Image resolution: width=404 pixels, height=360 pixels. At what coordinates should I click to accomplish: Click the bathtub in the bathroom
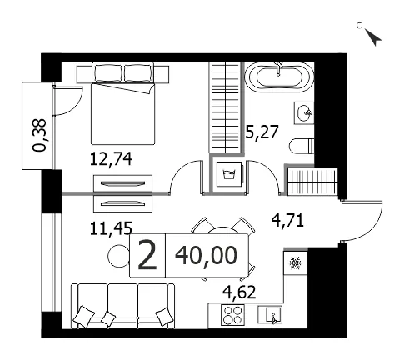(x=279, y=77)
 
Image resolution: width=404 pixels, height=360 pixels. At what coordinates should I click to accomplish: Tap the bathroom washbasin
(x=304, y=113)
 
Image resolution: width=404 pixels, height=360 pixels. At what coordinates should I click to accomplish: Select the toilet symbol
(x=302, y=146)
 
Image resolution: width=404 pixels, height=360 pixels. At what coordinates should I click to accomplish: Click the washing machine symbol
(x=230, y=174)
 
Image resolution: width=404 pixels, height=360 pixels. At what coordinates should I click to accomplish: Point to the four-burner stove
(x=232, y=315)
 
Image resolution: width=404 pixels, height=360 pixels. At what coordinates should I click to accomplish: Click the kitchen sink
(x=270, y=314)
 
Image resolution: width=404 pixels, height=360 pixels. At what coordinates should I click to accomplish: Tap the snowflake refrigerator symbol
(x=295, y=262)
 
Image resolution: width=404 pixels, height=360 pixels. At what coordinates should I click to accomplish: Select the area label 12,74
(x=111, y=159)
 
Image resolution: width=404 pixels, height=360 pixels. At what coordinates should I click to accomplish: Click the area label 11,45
(x=111, y=228)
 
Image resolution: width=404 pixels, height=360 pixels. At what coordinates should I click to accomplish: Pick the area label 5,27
(x=262, y=132)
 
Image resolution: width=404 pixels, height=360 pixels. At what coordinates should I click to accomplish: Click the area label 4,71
(x=287, y=221)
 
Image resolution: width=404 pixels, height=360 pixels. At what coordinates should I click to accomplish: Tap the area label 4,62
(x=239, y=292)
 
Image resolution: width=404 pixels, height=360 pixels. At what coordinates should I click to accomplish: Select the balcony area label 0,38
(x=39, y=135)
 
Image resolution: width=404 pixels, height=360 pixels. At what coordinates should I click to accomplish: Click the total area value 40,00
(x=207, y=256)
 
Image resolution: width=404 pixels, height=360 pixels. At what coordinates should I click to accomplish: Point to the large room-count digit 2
(x=147, y=255)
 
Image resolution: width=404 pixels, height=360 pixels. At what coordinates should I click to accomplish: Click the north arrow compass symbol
(x=373, y=37)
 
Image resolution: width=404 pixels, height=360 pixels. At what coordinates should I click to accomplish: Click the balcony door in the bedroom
(x=67, y=101)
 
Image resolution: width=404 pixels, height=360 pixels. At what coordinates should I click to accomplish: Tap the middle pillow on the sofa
(x=108, y=319)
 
